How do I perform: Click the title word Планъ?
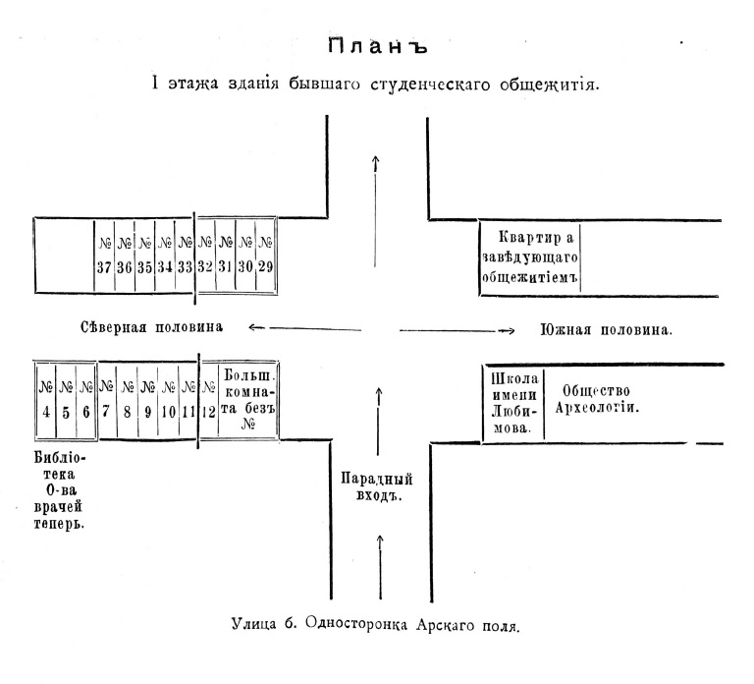[x=377, y=47]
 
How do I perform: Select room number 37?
[x=104, y=255]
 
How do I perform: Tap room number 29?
[x=264, y=255]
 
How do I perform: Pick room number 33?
[x=185, y=255]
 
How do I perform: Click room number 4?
[x=46, y=400]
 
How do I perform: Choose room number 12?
[x=208, y=400]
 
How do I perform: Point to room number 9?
[x=147, y=400]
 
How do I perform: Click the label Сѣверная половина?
[x=152, y=327]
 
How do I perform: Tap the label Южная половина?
[x=606, y=330]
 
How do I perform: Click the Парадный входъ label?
[x=377, y=487]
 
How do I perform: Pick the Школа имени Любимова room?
[x=512, y=401]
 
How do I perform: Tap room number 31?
[x=225, y=255]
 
